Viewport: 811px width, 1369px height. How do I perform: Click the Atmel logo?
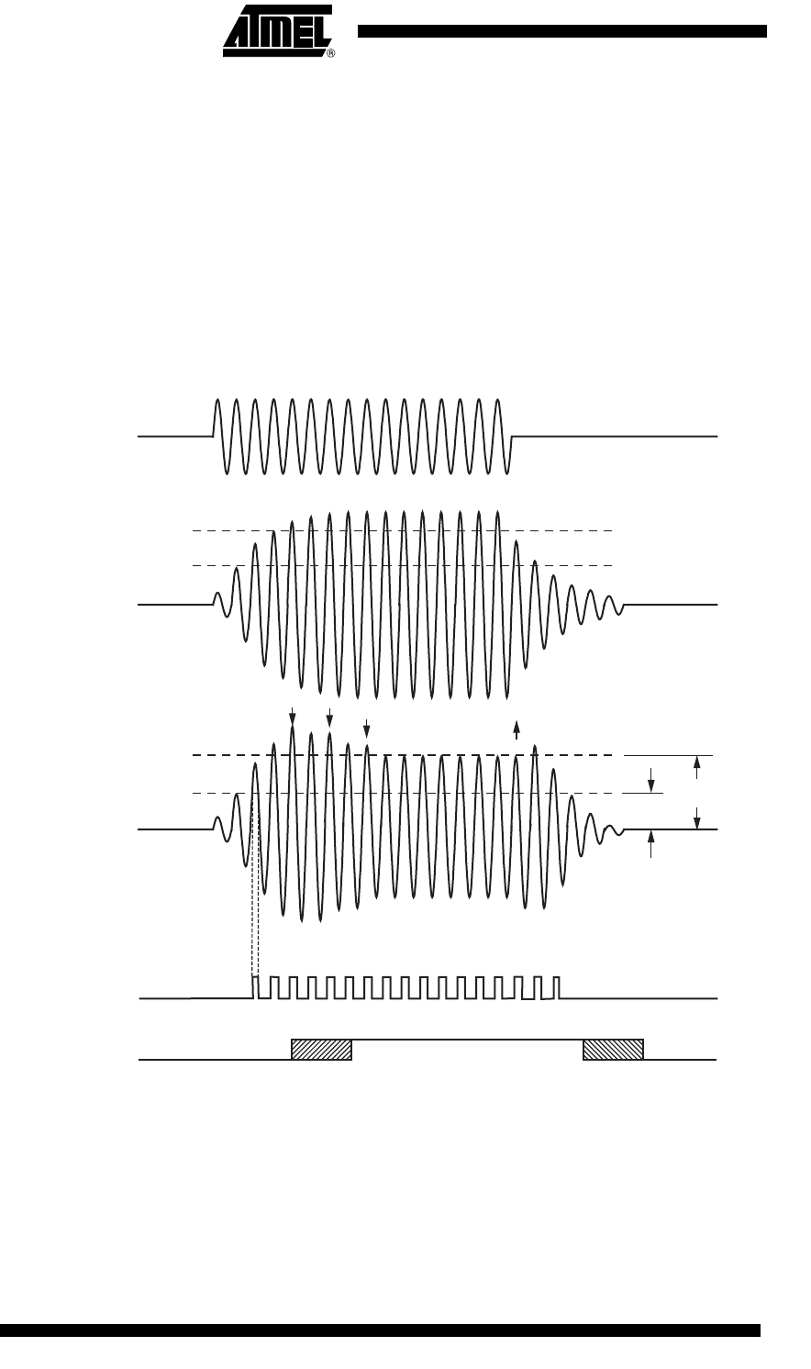coord(277,30)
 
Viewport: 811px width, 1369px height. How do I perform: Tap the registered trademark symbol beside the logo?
coord(330,54)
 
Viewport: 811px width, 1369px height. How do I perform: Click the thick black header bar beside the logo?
coord(561,31)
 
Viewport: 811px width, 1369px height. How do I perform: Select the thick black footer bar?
coord(380,1347)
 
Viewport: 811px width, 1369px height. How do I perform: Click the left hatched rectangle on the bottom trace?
coord(321,1050)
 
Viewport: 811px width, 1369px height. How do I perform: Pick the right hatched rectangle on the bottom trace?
coord(613,1050)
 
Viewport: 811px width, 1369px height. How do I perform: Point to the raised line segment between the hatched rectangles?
coord(467,1040)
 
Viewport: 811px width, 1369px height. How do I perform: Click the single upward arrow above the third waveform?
coord(517,729)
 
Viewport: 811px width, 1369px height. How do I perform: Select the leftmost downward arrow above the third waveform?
coord(292,716)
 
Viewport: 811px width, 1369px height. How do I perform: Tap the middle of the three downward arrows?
coord(329,718)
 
